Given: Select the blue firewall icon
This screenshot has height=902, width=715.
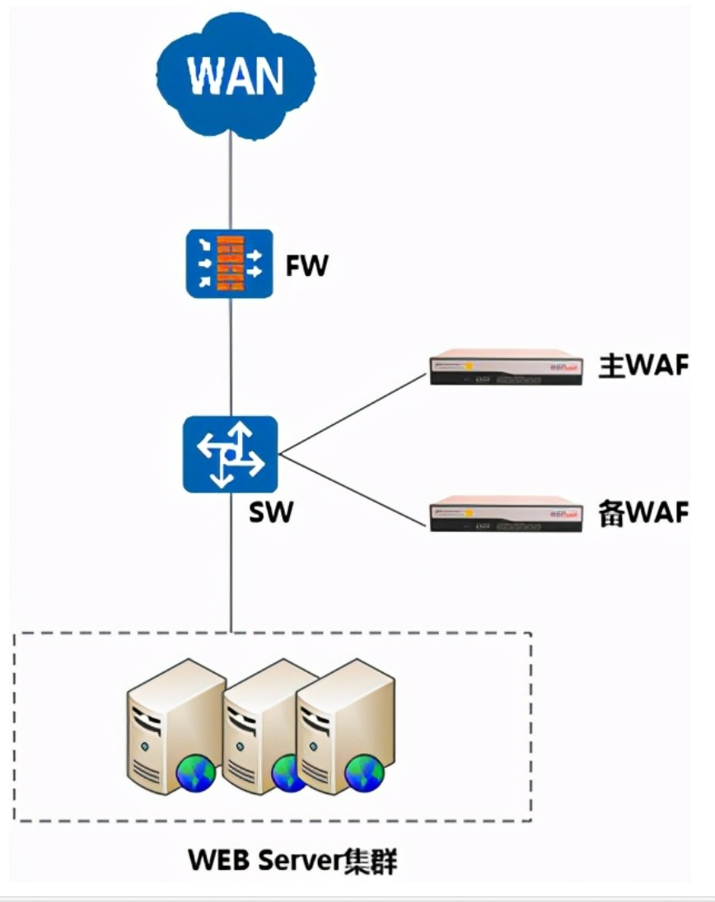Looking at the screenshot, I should pyautogui.click(x=229, y=264).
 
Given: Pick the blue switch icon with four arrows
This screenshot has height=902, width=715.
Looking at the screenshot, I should pyautogui.click(x=231, y=455).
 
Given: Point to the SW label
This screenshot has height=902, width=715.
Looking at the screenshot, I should pyautogui.click(x=270, y=512).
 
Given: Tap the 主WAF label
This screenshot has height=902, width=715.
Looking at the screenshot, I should pyautogui.click(x=642, y=366).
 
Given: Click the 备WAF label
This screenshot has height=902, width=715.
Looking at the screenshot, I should pyautogui.click(x=642, y=512).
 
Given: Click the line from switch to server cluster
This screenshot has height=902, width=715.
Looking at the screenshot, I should pyautogui.click(x=231, y=560).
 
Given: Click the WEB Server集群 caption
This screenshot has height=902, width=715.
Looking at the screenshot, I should pyautogui.click(x=292, y=861).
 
